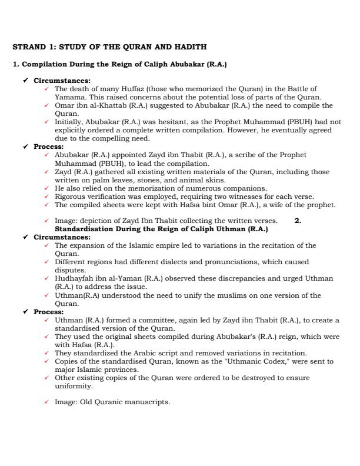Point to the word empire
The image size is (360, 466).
[x=159, y=245]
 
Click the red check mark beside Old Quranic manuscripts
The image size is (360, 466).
[x=47, y=402]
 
